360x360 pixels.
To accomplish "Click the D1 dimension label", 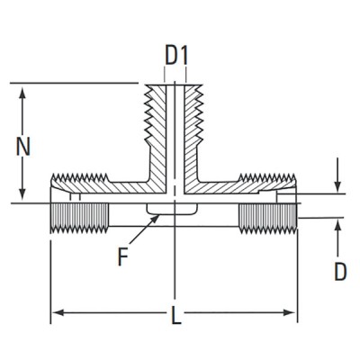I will (176, 56).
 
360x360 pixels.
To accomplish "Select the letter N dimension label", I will (32, 144).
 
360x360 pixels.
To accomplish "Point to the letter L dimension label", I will (176, 316).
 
